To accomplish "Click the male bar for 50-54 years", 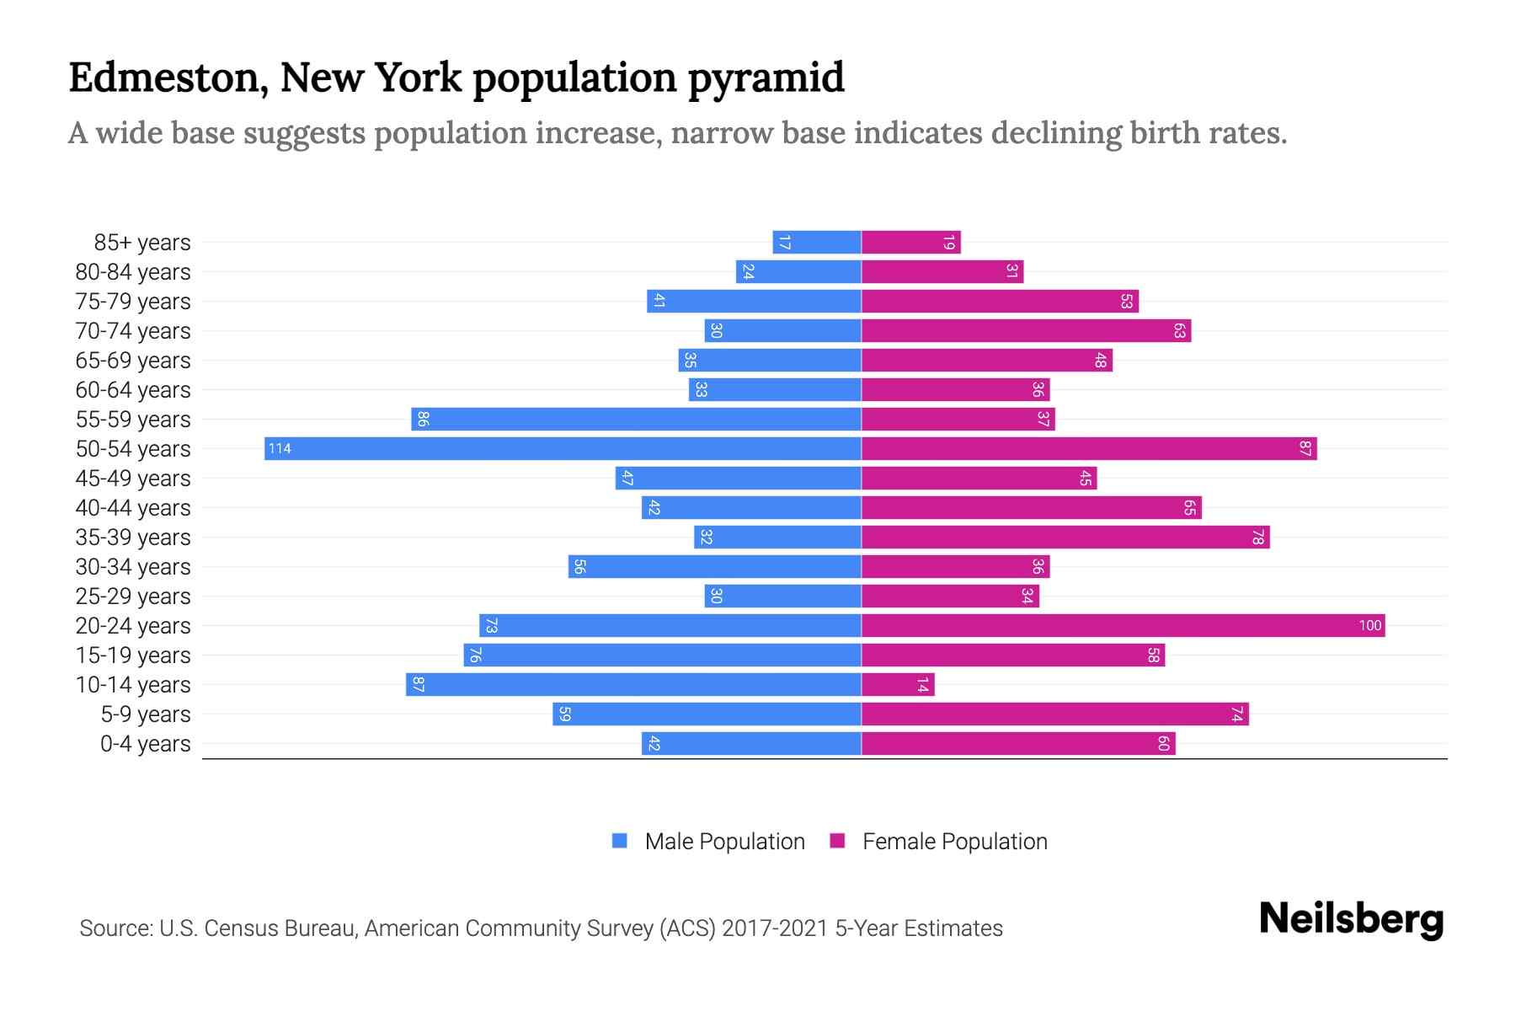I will (x=563, y=448).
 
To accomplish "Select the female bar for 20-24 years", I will (x=1123, y=625).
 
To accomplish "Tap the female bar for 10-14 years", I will (x=898, y=684).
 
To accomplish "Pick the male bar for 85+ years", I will (x=817, y=242).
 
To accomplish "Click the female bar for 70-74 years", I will (x=1026, y=330).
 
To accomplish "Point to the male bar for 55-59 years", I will (x=636, y=419).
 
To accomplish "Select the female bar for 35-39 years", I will (x=1065, y=537).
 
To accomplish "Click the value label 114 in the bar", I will (x=280, y=449).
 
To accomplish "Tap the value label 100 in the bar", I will (x=1369, y=625).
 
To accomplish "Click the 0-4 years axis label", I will (x=145, y=744).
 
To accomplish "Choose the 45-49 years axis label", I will (x=133, y=479).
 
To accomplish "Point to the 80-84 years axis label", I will (x=133, y=272).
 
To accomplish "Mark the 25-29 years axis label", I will (x=133, y=596).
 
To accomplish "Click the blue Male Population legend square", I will (x=620, y=841).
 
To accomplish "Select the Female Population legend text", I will (x=954, y=842).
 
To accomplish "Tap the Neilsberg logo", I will (x=1351, y=919).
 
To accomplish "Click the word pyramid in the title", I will (x=766, y=78).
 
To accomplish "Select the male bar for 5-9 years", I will (x=707, y=714).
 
